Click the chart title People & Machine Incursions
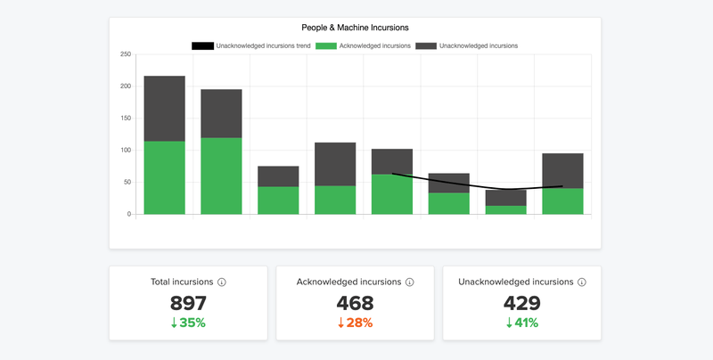[x=355, y=28]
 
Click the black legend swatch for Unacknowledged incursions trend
[x=202, y=45]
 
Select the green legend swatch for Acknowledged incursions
[x=324, y=45]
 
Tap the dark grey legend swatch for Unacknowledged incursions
[x=424, y=45]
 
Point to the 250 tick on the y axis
[x=126, y=54]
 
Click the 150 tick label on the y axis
[x=126, y=119]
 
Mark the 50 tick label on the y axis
[x=127, y=183]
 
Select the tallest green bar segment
[x=221, y=176]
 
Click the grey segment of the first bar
[x=164, y=109]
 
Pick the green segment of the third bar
[x=278, y=200]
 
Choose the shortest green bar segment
[x=505, y=210]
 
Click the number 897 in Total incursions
[x=188, y=303]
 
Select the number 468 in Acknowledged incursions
[x=355, y=303]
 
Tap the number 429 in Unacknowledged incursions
[x=521, y=303]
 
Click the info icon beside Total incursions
[x=222, y=282]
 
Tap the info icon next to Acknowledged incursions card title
[x=410, y=282]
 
